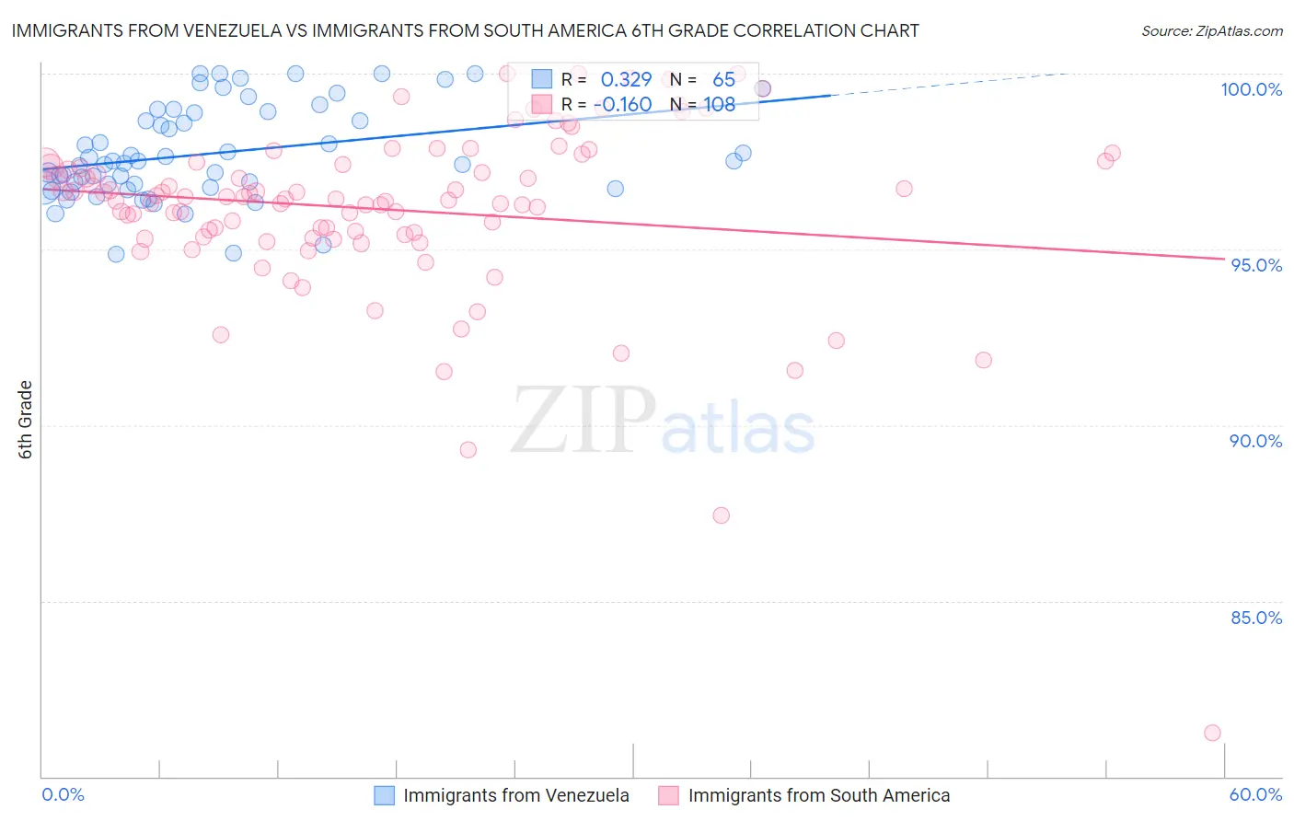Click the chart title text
(x=465, y=30)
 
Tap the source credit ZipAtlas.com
(x=1211, y=30)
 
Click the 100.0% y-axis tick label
(x=1251, y=89)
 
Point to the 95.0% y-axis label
(x=1256, y=265)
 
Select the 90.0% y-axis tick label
(x=1255, y=441)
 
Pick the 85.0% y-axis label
(x=1255, y=618)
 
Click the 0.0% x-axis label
(x=64, y=794)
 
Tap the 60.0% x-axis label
(x=1255, y=794)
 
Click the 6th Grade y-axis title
(x=26, y=420)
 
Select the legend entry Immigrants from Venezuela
(x=515, y=795)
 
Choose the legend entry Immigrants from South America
(x=818, y=795)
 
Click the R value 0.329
(x=626, y=80)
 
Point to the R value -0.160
(x=623, y=104)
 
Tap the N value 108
(x=719, y=104)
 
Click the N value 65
(x=723, y=80)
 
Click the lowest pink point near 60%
(x=1212, y=733)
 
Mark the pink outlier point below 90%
(x=721, y=515)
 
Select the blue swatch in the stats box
(x=541, y=80)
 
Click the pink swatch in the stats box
(x=541, y=104)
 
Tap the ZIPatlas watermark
(x=663, y=422)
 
